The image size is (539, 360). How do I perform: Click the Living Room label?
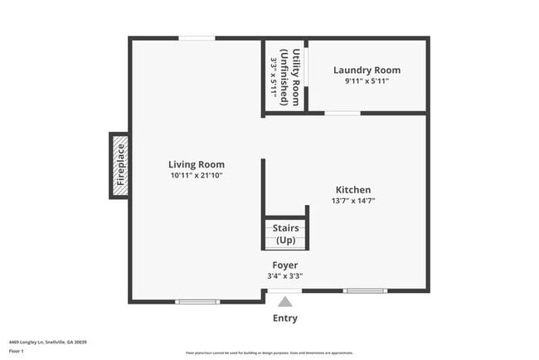click(197, 164)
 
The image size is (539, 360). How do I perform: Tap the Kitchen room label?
click(353, 190)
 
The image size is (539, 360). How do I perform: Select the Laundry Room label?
click(367, 71)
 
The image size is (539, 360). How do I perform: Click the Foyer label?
click(285, 265)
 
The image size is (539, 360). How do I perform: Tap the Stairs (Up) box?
click(285, 233)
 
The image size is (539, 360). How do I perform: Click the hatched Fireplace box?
click(119, 165)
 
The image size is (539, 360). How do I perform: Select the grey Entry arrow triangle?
click(285, 302)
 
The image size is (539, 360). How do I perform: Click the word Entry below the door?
click(285, 319)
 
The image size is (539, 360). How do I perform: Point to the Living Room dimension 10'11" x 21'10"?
click(197, 176)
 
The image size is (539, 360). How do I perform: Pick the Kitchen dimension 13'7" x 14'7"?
click(353, 201)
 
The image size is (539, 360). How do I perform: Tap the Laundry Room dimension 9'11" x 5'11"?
click(367, 81)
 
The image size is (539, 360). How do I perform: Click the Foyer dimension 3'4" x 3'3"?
click(285, 276)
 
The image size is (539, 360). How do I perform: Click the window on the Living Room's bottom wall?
click(197, 301)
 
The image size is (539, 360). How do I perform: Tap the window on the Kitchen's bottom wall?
click(364, 290)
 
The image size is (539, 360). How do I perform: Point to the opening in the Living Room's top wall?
click(197, 38)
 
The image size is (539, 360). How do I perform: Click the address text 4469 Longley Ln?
click(48, 342)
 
